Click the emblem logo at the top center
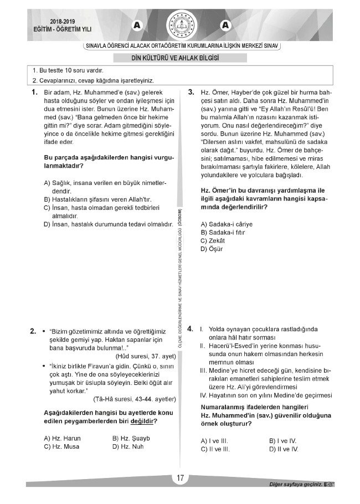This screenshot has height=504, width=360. (180, 25)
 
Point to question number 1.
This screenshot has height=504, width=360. (34, 92)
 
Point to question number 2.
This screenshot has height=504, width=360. (33, 331)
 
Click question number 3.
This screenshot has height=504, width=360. (191, 92)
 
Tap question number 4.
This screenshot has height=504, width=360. (191, 329)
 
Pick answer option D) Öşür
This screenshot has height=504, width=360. (211, 249)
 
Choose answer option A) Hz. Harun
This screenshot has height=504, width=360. (62, 438)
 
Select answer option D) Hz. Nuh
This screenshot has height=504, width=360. (128, 446)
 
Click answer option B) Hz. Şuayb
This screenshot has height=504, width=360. (132, 438)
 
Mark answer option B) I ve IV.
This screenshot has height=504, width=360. (282, 441)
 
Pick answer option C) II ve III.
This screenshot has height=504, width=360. (215, 449)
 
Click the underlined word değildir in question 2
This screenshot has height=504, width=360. (141, 421)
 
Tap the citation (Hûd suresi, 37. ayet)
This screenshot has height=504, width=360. (145, 356)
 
